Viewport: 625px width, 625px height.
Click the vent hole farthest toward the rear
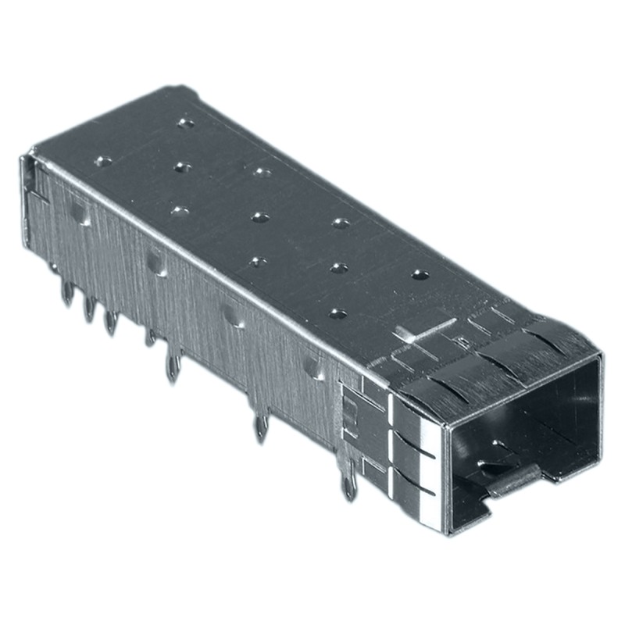coord(185,123)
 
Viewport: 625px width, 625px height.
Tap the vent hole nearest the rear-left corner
coord(102,162)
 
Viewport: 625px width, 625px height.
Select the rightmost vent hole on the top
coord(420,275)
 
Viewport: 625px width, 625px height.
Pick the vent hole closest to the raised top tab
coord(337,313)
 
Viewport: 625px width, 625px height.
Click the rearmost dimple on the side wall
coord(78,211)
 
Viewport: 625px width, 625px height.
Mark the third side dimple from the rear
coord(231,313)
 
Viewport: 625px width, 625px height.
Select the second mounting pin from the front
coord(261,427)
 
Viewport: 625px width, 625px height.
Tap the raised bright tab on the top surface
coord(422,328)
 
